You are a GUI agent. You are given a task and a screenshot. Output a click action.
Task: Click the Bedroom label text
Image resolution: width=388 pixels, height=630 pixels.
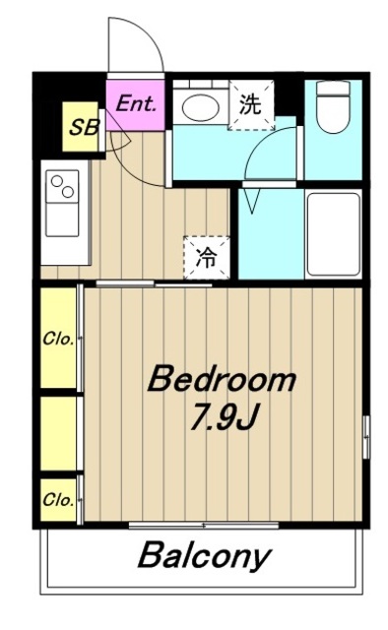[222, 378]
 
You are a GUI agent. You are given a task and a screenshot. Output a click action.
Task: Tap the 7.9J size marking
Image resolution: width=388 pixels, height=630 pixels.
[224, 417]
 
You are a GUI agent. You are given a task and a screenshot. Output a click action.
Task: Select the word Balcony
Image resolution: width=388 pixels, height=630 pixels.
[205, 555]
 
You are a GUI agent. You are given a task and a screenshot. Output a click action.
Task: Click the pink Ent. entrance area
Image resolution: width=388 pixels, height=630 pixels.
[136, 105]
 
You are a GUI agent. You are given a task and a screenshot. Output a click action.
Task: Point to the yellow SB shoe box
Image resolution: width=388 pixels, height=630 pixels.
[81, 127]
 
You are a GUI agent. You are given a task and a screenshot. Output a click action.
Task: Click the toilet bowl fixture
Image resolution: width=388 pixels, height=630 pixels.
[333, 107]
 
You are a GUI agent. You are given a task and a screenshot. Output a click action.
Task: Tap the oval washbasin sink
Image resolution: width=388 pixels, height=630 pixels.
[201, 107]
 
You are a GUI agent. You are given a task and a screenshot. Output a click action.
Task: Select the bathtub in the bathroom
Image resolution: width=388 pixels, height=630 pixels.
[333, 234]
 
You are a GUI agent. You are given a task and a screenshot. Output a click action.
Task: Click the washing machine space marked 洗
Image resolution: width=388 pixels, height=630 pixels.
[251, 105]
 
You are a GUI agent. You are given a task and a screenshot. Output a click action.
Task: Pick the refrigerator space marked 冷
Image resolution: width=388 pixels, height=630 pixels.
[207, 258]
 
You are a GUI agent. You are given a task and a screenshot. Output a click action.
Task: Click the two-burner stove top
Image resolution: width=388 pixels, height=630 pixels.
[62, 186]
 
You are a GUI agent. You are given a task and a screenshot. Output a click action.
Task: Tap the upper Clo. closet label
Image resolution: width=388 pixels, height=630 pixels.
[58, 340]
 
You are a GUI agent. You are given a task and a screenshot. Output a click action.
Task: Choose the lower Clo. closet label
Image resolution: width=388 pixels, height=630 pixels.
[58, 500]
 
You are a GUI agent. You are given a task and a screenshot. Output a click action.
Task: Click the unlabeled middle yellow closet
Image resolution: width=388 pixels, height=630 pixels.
[58, 433]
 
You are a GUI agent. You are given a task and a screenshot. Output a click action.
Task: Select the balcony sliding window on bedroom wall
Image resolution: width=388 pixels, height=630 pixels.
[204, 525]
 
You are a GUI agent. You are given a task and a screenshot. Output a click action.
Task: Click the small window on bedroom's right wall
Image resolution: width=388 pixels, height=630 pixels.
[366, 437]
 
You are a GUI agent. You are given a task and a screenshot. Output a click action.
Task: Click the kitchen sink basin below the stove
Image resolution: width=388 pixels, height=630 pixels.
[62, 220]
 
